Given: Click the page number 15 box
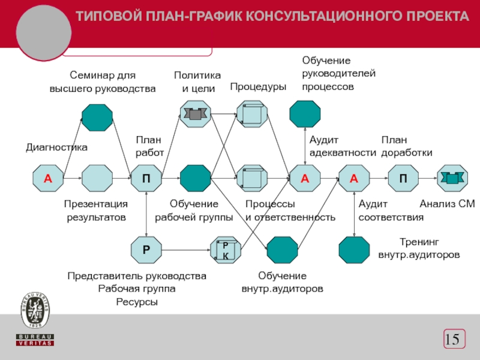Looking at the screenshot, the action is (454, 339).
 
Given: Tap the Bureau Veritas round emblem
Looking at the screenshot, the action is (35, 310).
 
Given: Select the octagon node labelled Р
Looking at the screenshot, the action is (146, 250).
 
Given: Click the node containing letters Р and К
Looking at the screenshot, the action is (226, 250).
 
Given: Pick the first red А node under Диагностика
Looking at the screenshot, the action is (48, 178).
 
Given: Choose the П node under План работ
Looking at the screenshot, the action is (146, 178).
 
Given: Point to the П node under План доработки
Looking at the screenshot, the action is (403, 178).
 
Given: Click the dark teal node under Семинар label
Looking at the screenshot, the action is (97, 118).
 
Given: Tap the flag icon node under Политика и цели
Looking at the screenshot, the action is (196, 114).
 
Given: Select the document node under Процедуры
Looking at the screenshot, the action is (252, 114).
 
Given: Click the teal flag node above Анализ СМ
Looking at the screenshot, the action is (452, 178).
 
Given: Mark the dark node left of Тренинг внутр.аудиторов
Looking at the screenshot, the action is (354, 250).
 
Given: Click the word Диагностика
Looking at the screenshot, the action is (56, 147).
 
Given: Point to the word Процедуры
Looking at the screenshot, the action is (258, 86).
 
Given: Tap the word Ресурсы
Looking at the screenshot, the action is (137, 302).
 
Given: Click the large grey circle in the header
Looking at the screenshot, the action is (44, 32).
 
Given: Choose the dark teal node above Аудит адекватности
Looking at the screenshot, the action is (305, 114).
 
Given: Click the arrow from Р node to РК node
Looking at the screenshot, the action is (186, 250).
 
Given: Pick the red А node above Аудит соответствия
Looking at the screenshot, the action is (354, 178).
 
